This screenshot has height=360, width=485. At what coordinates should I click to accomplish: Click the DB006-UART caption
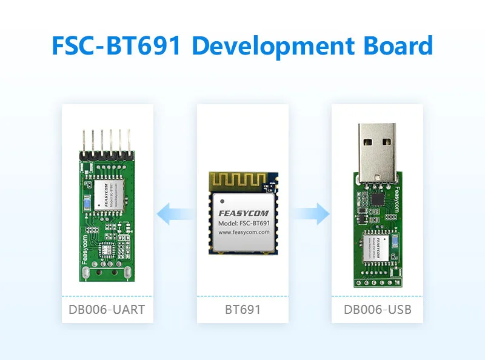tap(106, 310)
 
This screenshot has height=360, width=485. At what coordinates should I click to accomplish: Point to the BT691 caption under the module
tap(242, 310)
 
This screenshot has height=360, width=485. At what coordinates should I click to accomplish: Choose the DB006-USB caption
tap(378, 310)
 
